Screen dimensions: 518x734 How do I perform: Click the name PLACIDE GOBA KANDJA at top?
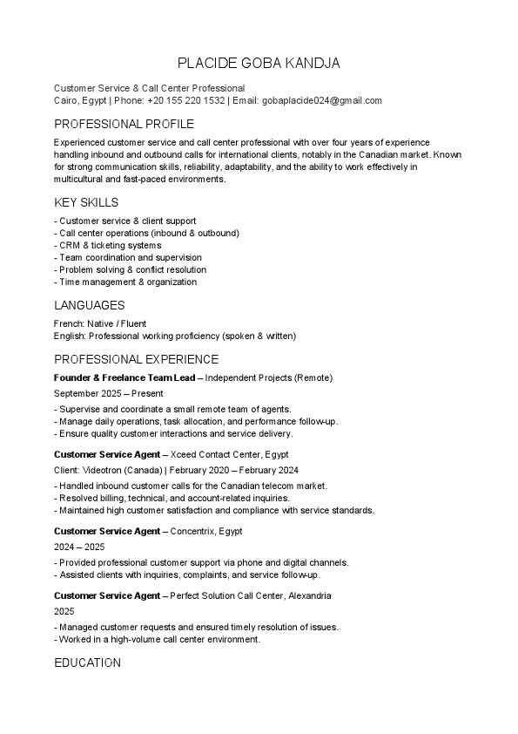click(x=259, y=63)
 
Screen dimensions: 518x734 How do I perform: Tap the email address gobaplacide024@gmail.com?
click(x=321, y=100)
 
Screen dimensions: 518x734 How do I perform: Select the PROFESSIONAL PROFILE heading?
click(x=124, y=124)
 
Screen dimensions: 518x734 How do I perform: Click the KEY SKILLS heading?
click(x=86, y=202)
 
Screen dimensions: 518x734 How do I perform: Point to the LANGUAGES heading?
click(x=89, y=305)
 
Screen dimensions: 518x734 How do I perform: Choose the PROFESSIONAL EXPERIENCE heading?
click(x=136, y=359)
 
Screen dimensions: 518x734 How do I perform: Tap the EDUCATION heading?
click(x=87, y=663)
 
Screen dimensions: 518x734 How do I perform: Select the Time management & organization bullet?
click(x=125, y=282)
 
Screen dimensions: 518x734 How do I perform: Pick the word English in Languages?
click(x=69, y=336)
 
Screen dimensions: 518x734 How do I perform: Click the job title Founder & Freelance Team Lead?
click(x=124, y=377)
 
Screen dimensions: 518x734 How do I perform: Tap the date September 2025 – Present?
click(x=108, y=394)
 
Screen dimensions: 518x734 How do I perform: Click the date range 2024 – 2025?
click(x=79, y=547)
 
